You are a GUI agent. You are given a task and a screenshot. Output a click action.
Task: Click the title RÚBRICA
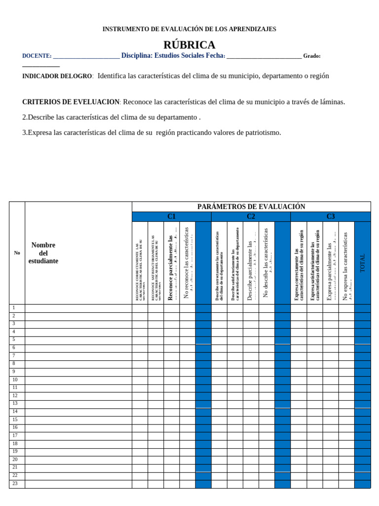tap(189, 45)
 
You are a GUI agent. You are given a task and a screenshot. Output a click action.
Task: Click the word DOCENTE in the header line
tap(36, 56)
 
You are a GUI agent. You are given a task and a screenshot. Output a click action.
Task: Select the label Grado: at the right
tap(312, 56)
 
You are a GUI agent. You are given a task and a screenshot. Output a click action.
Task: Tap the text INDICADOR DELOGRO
tap(57, 76)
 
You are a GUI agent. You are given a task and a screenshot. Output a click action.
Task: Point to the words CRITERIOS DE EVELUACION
tap(71, 102)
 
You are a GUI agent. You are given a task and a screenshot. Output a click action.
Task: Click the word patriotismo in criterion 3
tap(263, 132)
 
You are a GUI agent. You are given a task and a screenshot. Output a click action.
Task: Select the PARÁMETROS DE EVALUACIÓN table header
tap(251, 207)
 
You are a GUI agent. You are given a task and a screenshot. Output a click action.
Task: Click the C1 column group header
tap(171, 216)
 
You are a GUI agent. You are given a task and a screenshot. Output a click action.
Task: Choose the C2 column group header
tap(251, 216)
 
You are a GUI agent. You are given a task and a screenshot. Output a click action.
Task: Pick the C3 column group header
tap(330, 216)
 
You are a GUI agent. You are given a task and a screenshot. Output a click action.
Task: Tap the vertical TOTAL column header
tap(363, 263)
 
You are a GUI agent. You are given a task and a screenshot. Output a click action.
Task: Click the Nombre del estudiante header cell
tap(43, 253)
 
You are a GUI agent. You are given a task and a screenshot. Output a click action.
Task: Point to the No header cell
tap(17, 253)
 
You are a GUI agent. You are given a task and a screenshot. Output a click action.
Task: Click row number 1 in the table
tap(14, 308)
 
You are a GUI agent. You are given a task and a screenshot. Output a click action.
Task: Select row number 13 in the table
tap(15, 403)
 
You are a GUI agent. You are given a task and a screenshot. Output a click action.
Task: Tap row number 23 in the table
tap(15, 483)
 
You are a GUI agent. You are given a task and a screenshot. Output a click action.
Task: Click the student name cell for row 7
tap(78, 356)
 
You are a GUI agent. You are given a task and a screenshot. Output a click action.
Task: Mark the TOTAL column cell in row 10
tap(362, 380)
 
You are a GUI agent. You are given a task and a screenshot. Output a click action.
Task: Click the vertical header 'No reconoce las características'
tap(187, 263)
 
